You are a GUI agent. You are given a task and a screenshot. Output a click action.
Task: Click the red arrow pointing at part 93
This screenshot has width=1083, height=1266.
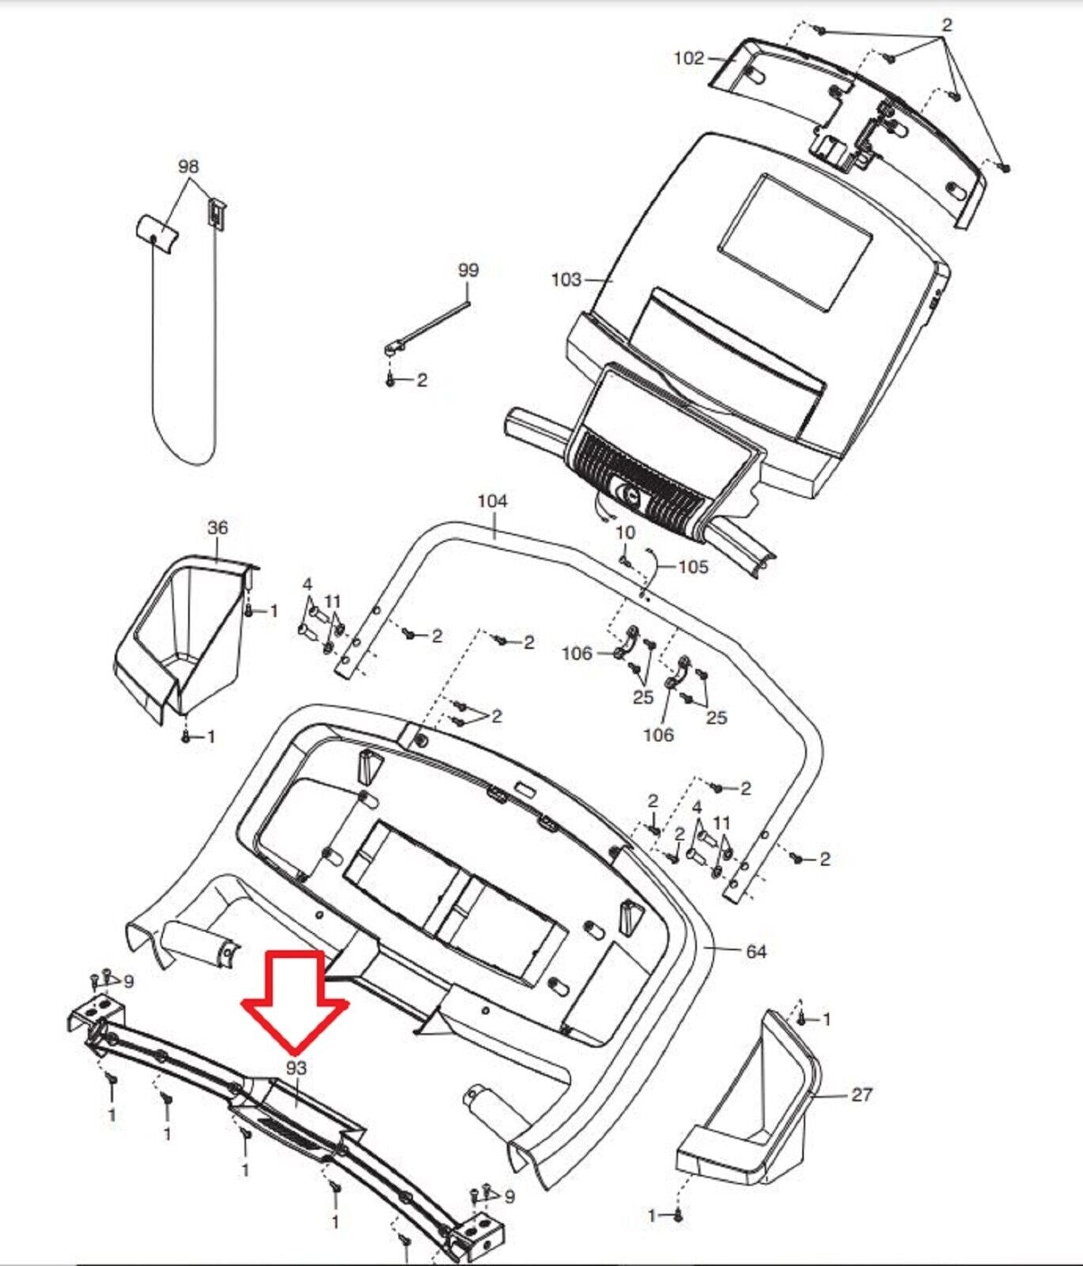pyautogui.click(x=295, y=1000)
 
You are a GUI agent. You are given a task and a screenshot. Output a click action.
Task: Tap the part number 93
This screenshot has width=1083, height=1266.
pyautogui.click(x=296, y=1067)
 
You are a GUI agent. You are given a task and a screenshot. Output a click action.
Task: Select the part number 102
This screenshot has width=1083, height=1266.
pyautogui.click(x=688, y=58)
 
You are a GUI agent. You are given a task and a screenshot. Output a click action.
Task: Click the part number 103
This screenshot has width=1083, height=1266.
pyautogui.click(x=566, y=279)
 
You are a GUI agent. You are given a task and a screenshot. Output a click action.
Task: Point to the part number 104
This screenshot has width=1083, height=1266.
pyautogui.click(x=492, y=501)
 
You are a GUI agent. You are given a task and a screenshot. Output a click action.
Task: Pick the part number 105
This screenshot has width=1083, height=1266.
pyautogui.click(x=693, y=567)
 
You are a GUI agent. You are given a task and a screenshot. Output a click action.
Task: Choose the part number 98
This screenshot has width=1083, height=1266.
pyautogui.click(x=188, y=166)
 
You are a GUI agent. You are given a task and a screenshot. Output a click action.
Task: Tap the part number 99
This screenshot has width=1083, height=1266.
pyautogui.click(x=468, y=270)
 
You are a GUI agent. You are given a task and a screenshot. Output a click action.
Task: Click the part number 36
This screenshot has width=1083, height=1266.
pyautogui.click(x=218, y=527)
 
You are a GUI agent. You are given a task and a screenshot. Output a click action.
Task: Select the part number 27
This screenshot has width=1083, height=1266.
pyautogui.click(x=861, y=1094)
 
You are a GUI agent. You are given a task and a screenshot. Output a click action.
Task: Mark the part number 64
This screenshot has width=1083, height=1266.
pyautogui.click(x=756, y=951)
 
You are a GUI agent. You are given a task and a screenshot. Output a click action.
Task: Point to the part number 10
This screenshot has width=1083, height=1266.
pyautogui.click(x=625, y=533)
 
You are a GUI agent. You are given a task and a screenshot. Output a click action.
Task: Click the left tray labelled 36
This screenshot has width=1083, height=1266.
pyautogui.click(x=182, y=633)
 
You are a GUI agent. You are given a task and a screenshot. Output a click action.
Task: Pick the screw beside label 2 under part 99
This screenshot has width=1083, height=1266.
pyautogui.click(x=390, y=381)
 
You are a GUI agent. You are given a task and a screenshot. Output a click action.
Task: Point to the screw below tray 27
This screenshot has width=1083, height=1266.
pyautogui.click(x=679, y=1215)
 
